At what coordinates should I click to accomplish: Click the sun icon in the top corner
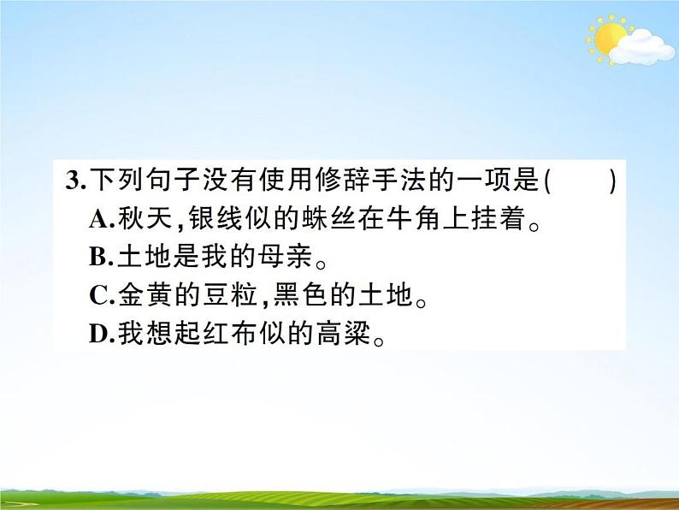(x=608, y=39)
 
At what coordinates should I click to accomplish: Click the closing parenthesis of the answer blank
(x=612, y=182)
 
